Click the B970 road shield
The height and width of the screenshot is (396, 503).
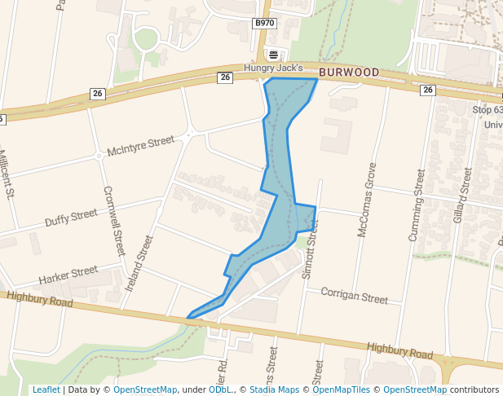[263, 24]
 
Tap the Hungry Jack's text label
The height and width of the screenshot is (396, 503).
[273, 68]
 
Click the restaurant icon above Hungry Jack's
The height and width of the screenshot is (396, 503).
[273, 55]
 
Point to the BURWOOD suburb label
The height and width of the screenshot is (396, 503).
[349, 73]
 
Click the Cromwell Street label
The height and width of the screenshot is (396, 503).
[114, 220]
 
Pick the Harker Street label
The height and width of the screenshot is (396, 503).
[68, 274]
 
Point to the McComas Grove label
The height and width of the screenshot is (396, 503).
[367, 200]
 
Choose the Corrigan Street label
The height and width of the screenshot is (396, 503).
[354, 295]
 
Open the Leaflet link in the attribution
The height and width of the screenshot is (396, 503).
[46, 389]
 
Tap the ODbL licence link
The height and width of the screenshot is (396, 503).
[220, 389]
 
